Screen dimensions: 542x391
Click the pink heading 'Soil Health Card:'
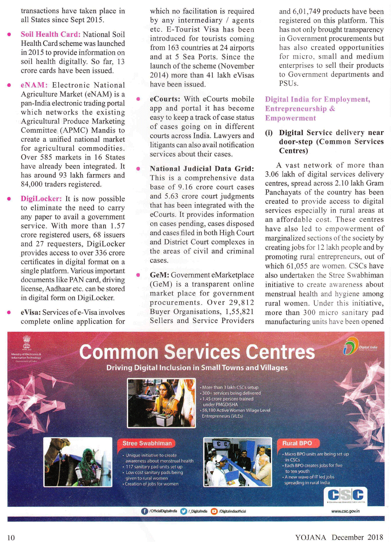tap(50, 34)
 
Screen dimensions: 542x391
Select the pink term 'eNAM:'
tap(34, 85)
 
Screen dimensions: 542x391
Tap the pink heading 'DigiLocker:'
tap(41, 199)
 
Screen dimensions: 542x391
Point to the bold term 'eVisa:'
tap(30, 312)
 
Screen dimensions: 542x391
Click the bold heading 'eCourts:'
tap(165, 99)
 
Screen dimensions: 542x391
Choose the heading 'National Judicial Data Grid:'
tap(202, 169)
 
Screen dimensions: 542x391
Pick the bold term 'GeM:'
tap(159, 275)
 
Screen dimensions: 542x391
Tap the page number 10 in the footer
tap(11, 537)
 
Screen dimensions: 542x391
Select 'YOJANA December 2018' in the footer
tap(339, 537)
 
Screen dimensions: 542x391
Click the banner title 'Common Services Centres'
tap(197, 352)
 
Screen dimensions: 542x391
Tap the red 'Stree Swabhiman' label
tap(147, 443)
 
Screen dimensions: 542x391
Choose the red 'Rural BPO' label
tap(297, 443)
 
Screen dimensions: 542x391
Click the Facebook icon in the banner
tap(144, 511)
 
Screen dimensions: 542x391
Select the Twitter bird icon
tap(184, 511)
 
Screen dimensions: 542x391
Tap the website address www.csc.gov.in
tap(345, 511)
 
